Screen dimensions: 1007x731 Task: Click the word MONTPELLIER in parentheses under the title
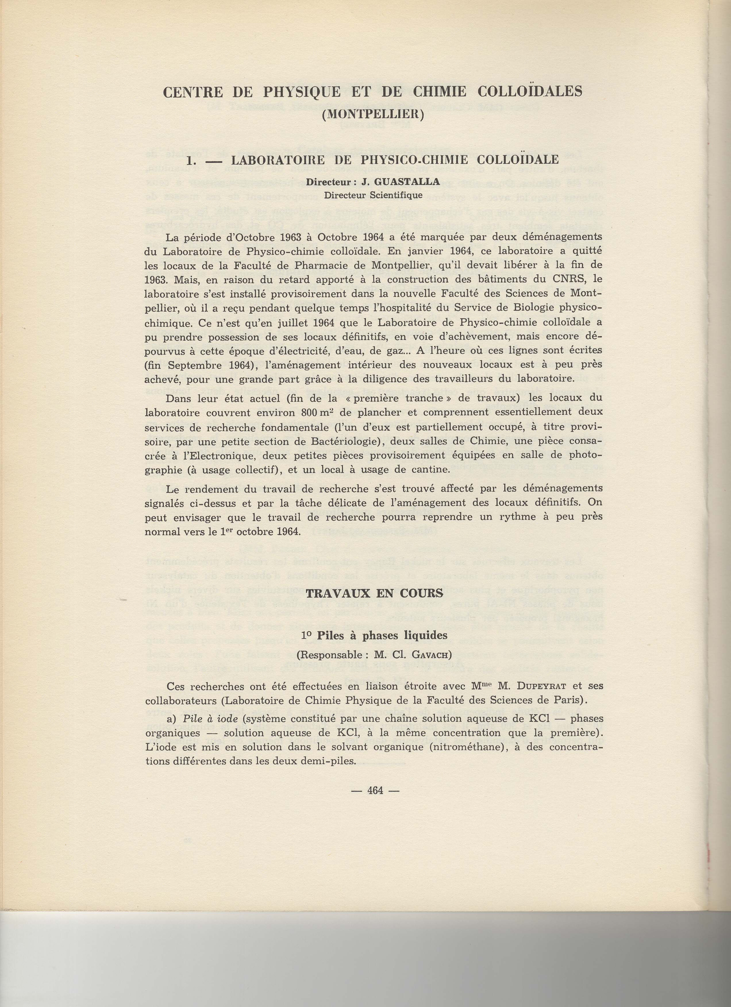coord(372,114)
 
